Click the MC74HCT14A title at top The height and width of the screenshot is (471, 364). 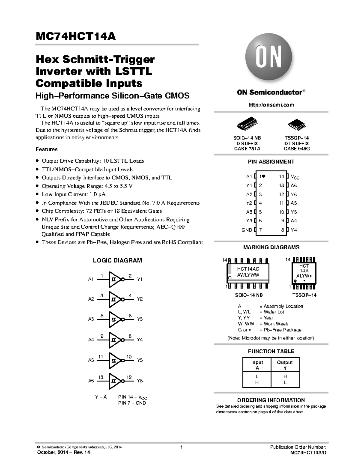point(76,36)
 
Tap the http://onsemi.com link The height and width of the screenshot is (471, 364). point(271,105)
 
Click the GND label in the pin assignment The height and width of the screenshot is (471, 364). point(247,230)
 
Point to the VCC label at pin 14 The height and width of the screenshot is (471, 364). point(295,177)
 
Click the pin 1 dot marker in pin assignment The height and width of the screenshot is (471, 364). point(264,176)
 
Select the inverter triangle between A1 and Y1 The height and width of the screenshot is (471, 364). point(115,279)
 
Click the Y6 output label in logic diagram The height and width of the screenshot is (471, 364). point(140,381)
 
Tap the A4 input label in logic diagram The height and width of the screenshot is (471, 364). point(91,340)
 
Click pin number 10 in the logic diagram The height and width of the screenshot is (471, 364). point(129,357)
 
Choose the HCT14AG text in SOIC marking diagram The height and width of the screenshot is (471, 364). point(248,269)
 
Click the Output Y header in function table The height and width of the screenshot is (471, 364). point(285,365)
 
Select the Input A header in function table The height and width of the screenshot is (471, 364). point(257,365)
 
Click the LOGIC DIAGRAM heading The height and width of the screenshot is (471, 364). point(117,261)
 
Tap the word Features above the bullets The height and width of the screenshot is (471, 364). point(46,149)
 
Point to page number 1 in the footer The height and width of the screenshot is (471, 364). point(181,447)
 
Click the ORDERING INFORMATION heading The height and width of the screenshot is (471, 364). point(271,400)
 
